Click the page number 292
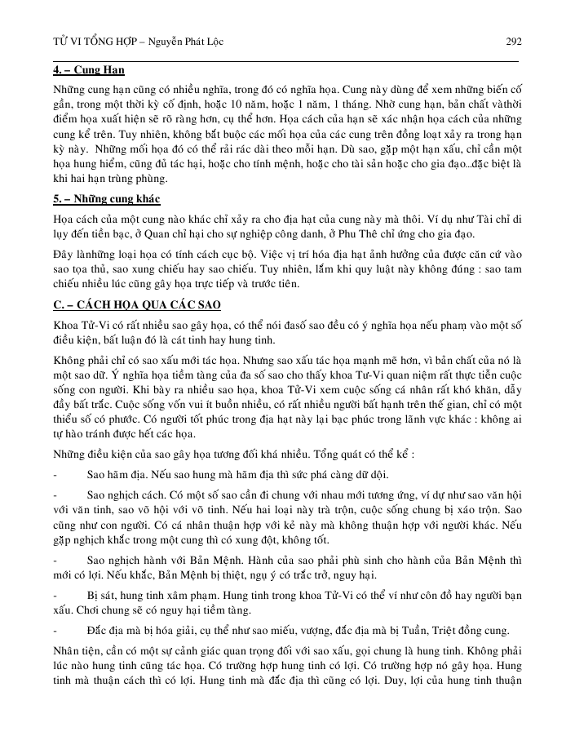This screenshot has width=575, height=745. click(x=514, y=42)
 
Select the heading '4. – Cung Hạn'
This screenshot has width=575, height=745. click(x=89, y=70)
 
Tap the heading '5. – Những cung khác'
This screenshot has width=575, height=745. click(x=107, y=200)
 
